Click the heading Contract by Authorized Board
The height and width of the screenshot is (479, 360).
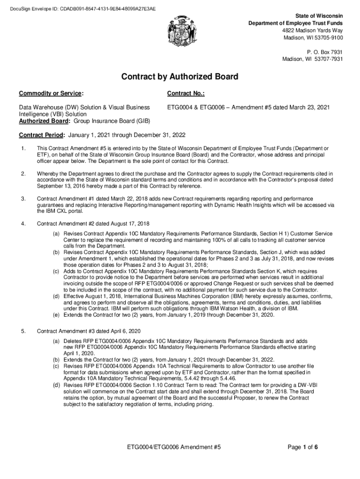click(x=180, y=77)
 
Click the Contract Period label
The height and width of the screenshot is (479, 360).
click(x=42, y=136)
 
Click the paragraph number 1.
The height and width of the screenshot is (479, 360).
click(x=23, y=149)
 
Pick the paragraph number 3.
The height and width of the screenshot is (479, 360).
click(x=23, y=199)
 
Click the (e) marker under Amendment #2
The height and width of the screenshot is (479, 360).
click(x=56, y=315)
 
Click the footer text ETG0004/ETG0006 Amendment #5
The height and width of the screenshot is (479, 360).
click(x=174, y=447)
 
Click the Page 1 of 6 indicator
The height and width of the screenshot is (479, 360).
click(x=303, y=447)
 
